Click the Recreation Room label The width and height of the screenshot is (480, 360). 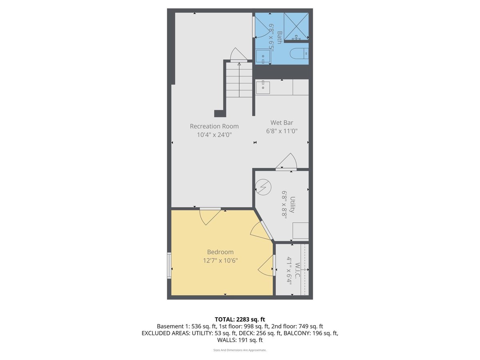[x=214, y=126]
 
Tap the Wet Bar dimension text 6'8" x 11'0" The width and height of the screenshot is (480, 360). [x=282, y=131]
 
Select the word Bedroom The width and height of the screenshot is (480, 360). [x=220, y=252]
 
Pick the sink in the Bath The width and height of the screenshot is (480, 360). [x=263, y=56]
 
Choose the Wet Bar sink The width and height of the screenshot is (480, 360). [x=263, y=88]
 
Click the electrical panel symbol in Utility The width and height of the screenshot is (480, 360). [x=264, y=187]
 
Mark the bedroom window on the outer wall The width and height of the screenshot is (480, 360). [x=169, y=266]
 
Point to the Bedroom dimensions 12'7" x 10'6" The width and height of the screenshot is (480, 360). [x=220, y=260]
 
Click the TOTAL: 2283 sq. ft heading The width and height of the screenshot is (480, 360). [x=240, y=319]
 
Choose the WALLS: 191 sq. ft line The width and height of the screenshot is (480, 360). [x=240, y=340]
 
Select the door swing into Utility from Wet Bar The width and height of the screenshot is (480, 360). [x=286, y=161]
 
